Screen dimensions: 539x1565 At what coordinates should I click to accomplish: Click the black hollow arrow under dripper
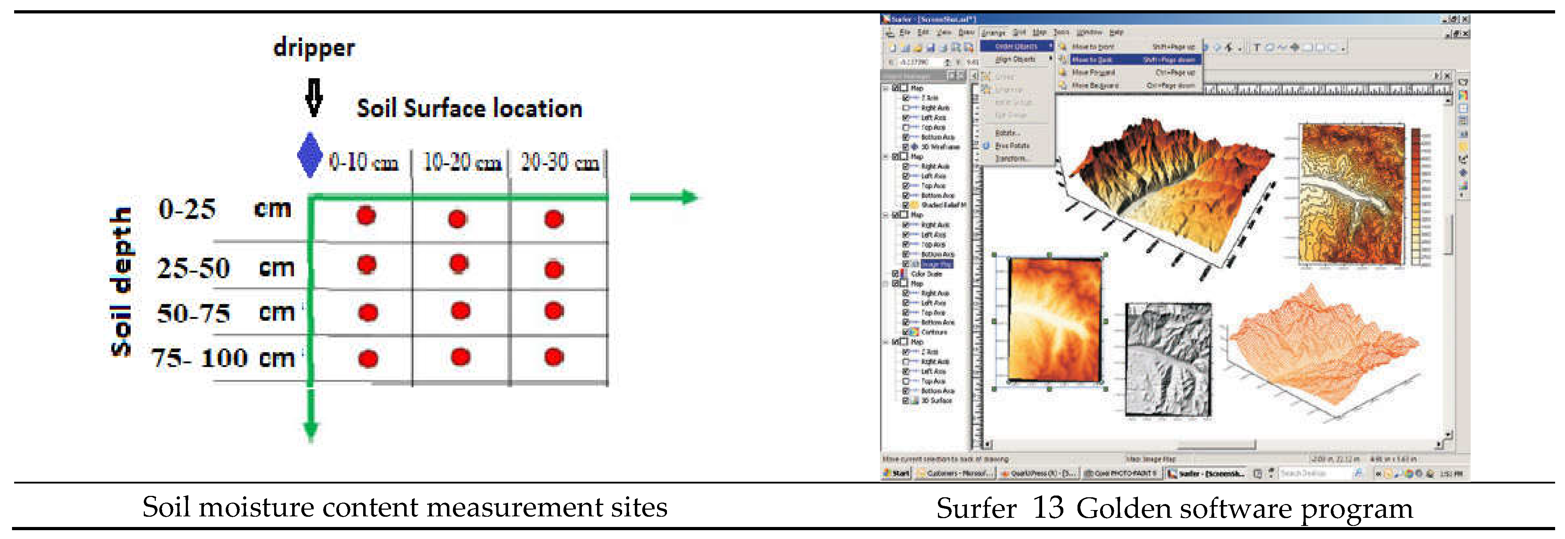tap(313, 97)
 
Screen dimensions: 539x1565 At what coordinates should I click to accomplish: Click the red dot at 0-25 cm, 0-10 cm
tap(366, 216)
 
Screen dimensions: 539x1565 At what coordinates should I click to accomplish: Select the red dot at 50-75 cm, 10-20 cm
tap(461, 311)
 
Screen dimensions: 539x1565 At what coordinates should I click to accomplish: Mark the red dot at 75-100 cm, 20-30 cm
tap(554, 357)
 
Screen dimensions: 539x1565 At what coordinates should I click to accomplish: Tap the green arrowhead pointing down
tap(311, 430)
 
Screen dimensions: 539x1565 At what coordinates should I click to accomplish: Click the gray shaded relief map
tap(1168, 360)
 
